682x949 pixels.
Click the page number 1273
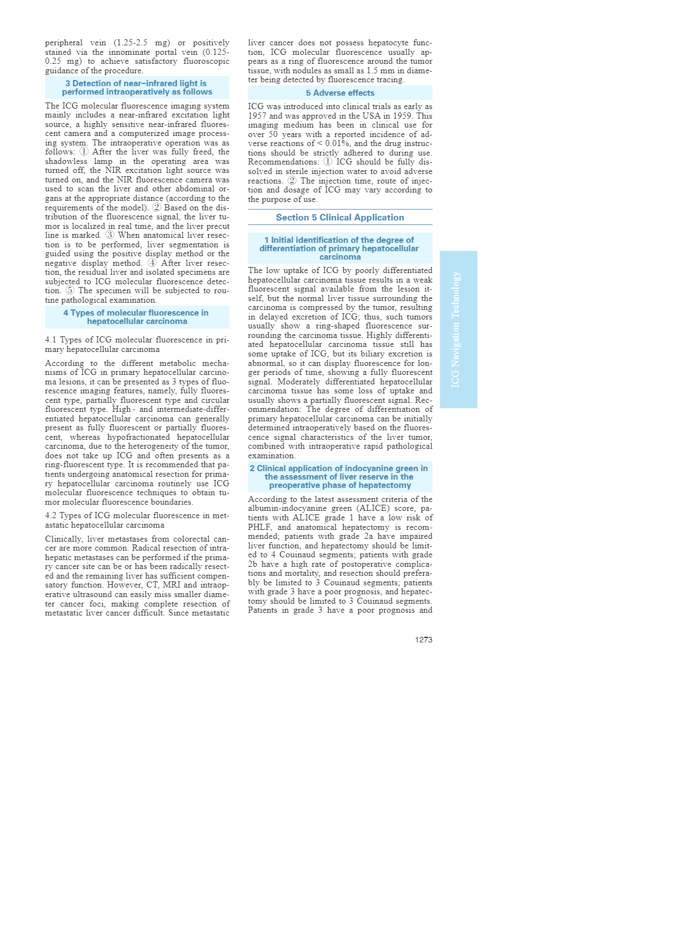[423, 640]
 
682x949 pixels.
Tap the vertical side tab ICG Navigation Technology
[458, 329]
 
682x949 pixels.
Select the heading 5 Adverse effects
[340, 93]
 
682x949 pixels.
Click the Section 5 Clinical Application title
[340, 218]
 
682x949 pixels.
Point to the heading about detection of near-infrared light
[137, 88]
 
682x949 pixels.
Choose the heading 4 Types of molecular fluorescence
[137, 317]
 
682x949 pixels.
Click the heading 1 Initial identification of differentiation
[340, 248]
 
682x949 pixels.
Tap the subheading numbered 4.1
[137, 345]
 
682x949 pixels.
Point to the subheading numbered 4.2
[137, 520]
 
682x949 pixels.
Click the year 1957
[258, 116]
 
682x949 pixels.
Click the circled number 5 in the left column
[69, 290]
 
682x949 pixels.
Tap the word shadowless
[66, 161]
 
